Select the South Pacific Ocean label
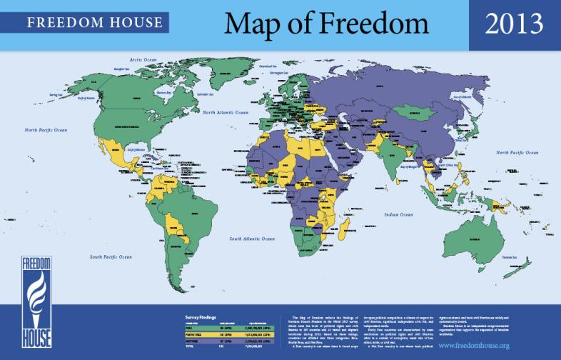click(x=111, y=256)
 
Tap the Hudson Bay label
click(x=165, y=92)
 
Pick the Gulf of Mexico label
click(x=136, y=149)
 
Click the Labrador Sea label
click(x=206, y=94)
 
